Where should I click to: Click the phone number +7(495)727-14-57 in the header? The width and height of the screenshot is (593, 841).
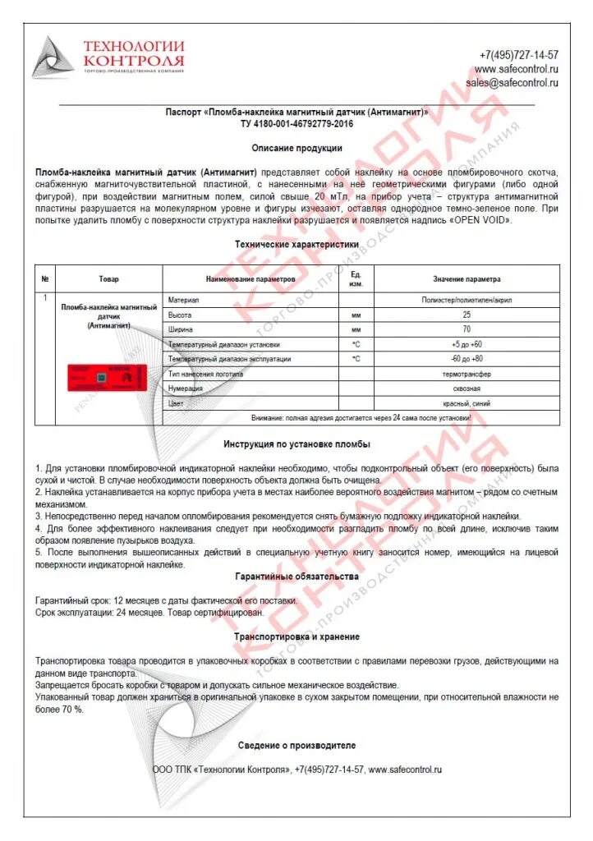coord(518,55)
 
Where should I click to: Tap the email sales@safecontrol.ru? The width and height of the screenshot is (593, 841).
coord(512,83)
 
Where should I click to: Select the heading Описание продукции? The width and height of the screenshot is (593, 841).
coord(296,149)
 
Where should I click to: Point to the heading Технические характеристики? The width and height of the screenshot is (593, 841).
coord(296,245)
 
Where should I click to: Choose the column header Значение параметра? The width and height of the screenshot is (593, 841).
coord(467,279)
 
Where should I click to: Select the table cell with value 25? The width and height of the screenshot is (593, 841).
coord(467,315)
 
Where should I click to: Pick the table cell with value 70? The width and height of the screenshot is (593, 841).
coord(467,329)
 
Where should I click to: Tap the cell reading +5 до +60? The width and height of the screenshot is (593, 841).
coord(467,344)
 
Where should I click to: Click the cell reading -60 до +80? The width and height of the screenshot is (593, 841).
coord(467,359)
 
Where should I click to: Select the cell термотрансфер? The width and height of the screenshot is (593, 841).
coord(466,374)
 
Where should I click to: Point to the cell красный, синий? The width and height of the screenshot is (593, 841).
coord(466,403)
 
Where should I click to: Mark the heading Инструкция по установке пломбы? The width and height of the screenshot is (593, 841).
coord(296,444)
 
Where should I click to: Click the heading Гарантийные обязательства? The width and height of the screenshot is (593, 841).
coord(296,577)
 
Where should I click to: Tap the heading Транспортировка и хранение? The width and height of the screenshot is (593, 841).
coord(296,636)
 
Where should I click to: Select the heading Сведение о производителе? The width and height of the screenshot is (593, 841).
coord(296,745)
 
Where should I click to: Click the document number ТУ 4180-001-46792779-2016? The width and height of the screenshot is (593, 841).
coord(296,123)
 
